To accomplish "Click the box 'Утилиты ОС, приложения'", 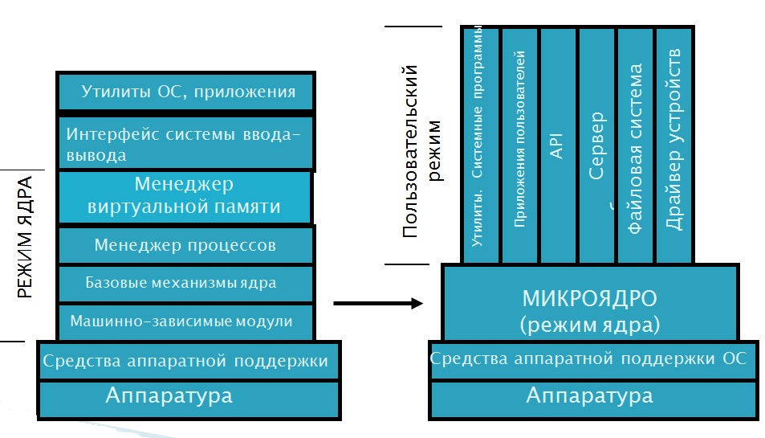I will tap(186, 92).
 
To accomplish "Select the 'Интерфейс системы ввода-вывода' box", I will tap(186, 144).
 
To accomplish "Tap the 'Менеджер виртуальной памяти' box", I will tap(185, 195).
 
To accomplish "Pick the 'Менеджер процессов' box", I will tap(185, 244).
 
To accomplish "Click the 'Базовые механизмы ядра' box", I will tap(185, 283).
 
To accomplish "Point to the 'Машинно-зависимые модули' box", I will tap(185, 321).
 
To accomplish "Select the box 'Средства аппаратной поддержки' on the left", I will tap(186, 361).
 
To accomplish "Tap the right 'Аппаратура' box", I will tap(589, 396).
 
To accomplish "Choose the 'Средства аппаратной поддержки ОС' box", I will tap(589, 358).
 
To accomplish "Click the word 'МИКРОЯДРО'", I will tap(589, 300).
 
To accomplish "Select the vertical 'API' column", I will tap(557, 145).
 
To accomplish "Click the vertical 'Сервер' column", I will tap(596, 145).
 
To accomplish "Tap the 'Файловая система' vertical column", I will tap(635, 145).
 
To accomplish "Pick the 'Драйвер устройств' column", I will tap(674, 145).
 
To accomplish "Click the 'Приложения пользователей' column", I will tap(519, 145).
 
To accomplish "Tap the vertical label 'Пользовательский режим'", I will tap(422, 153).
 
